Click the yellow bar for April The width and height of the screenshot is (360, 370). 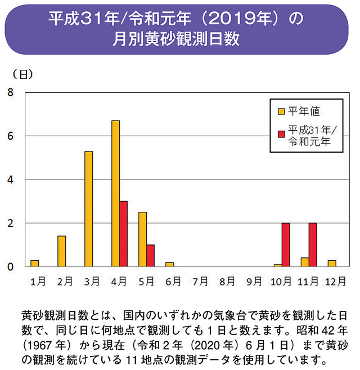pyautogui.click(x=115, y=193)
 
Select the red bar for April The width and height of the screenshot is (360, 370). pyautogui.click(x=123, y=234)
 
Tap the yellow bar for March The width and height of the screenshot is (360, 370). pyautogui.click(x=88, y=208)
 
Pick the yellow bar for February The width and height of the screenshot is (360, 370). pyautogui.click(x=61, y=251)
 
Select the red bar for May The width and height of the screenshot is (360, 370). pyautogui.click(x=150, y=256)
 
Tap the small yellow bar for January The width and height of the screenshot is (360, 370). pyautogui.click(x=35, y=263)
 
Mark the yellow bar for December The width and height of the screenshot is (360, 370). pyautogui.click(x=331, y=263)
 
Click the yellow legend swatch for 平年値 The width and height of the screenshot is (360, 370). pyautogui.click(x=281, y=110)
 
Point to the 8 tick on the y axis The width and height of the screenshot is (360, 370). pyautogui.click(x=11, y=92)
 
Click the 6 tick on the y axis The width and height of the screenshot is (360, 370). pyautogui.click(x=11, y=136)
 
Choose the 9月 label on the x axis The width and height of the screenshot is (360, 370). pyautogui.click(x=255, y=280)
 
